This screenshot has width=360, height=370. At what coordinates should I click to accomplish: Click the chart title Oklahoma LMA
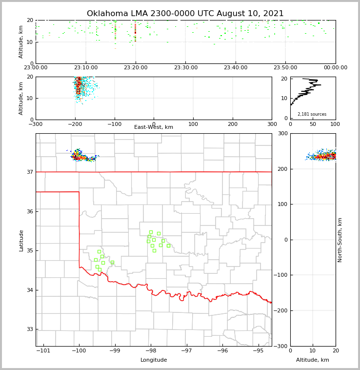pyautogui.click(x=185, y=14)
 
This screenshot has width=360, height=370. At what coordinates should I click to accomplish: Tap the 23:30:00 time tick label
pyautogui.click(x=185, y=68)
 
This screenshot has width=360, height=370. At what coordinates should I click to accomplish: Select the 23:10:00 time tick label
pyautogui.click(x=85, y=68)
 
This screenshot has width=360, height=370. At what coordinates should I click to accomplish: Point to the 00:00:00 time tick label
pyautogui.click(x=335, y=68)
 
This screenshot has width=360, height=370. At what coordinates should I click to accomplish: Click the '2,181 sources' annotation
pyautogui.click(x=312, y=114)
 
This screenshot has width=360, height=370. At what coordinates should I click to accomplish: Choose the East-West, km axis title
pyautogui.click(x=154, y=127)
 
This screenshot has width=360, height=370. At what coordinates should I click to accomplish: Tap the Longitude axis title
pyautogui.click(x=154, y=360)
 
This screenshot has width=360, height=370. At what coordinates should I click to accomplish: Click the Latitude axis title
pyautogui.click(x=21, y=240)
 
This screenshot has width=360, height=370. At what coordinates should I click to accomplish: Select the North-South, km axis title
pyautogui.click(x=340, y=240)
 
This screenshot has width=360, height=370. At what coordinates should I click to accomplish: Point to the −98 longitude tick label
pyautogui.click(x=150, y=351)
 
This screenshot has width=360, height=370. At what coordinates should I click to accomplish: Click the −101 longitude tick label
pyautogui.click(x=43, y=351)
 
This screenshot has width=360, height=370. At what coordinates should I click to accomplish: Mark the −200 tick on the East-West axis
pyautogui.click(x=75, y=124)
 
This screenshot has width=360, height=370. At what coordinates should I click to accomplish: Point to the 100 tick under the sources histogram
pyautogui.click(x=335, y=124)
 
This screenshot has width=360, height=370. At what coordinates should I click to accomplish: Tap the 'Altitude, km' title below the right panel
pyautogui.click(x=313, y=360)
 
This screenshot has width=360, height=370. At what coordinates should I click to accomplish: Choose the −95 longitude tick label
pyautogui.click(x=258, y=351)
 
